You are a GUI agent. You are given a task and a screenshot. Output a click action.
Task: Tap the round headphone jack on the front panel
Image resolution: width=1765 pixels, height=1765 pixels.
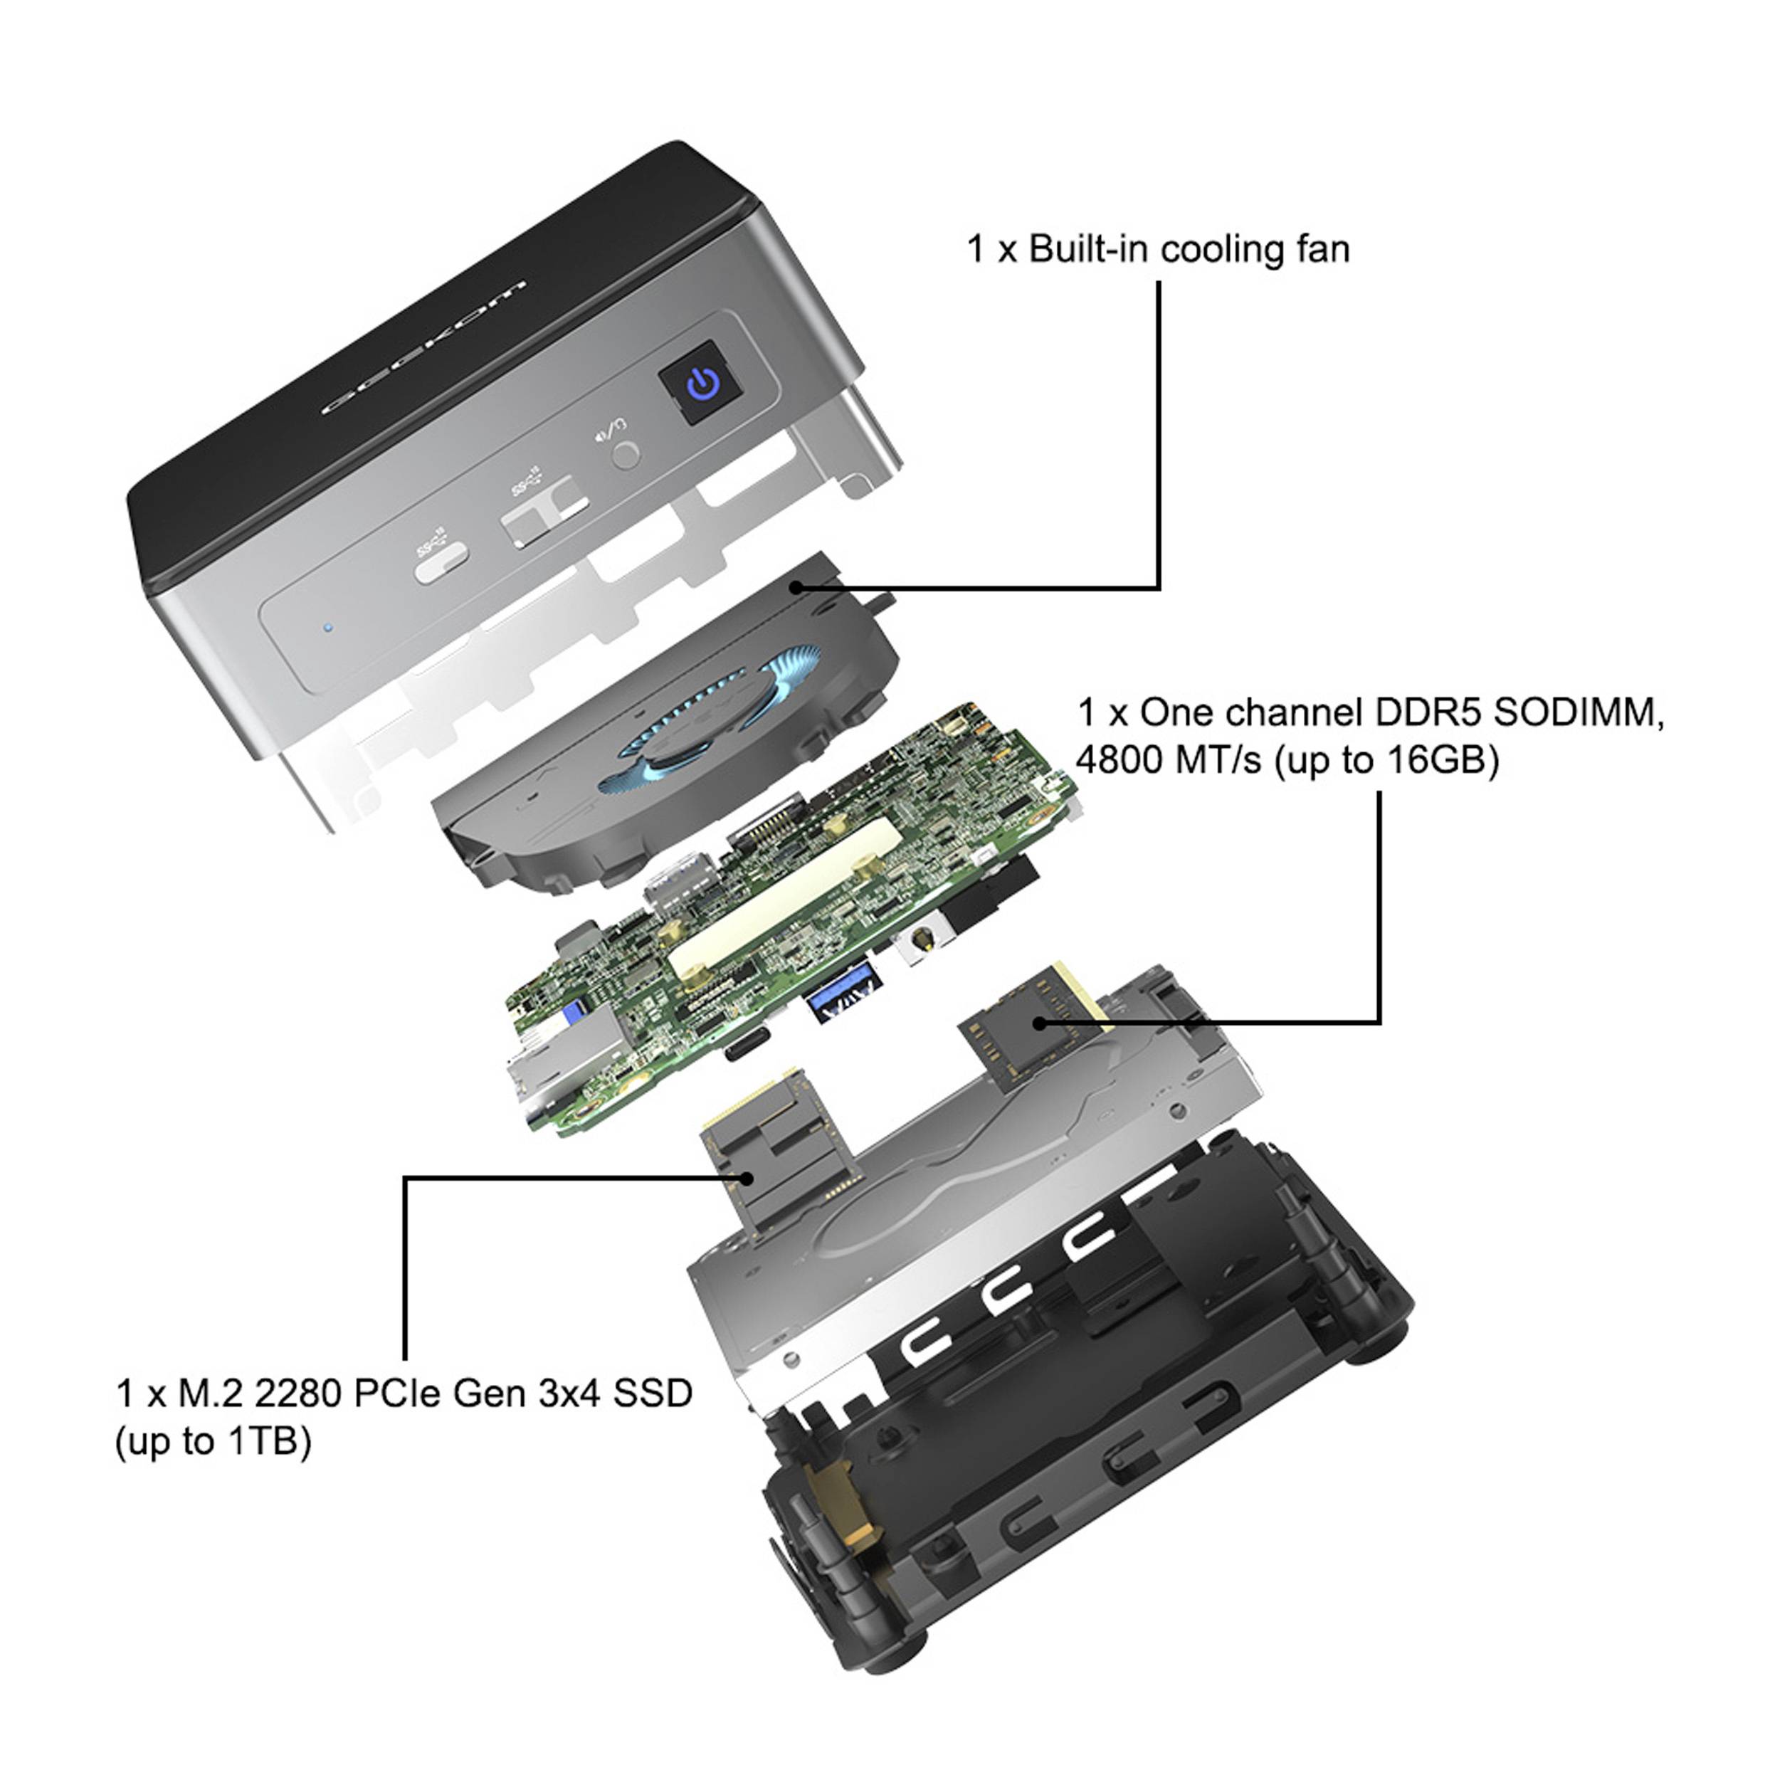pos(626,454)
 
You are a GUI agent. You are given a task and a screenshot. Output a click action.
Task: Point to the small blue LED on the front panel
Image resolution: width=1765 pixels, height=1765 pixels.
pos(328,628)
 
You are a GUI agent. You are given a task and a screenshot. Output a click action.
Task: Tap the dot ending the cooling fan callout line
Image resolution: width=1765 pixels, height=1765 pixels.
pos(796,587)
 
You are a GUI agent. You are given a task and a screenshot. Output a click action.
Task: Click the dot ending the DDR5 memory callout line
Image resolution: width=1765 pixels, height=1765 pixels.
pos(1039,1023)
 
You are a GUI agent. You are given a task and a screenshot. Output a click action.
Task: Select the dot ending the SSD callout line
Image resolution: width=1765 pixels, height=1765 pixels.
pos(748,1179)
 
